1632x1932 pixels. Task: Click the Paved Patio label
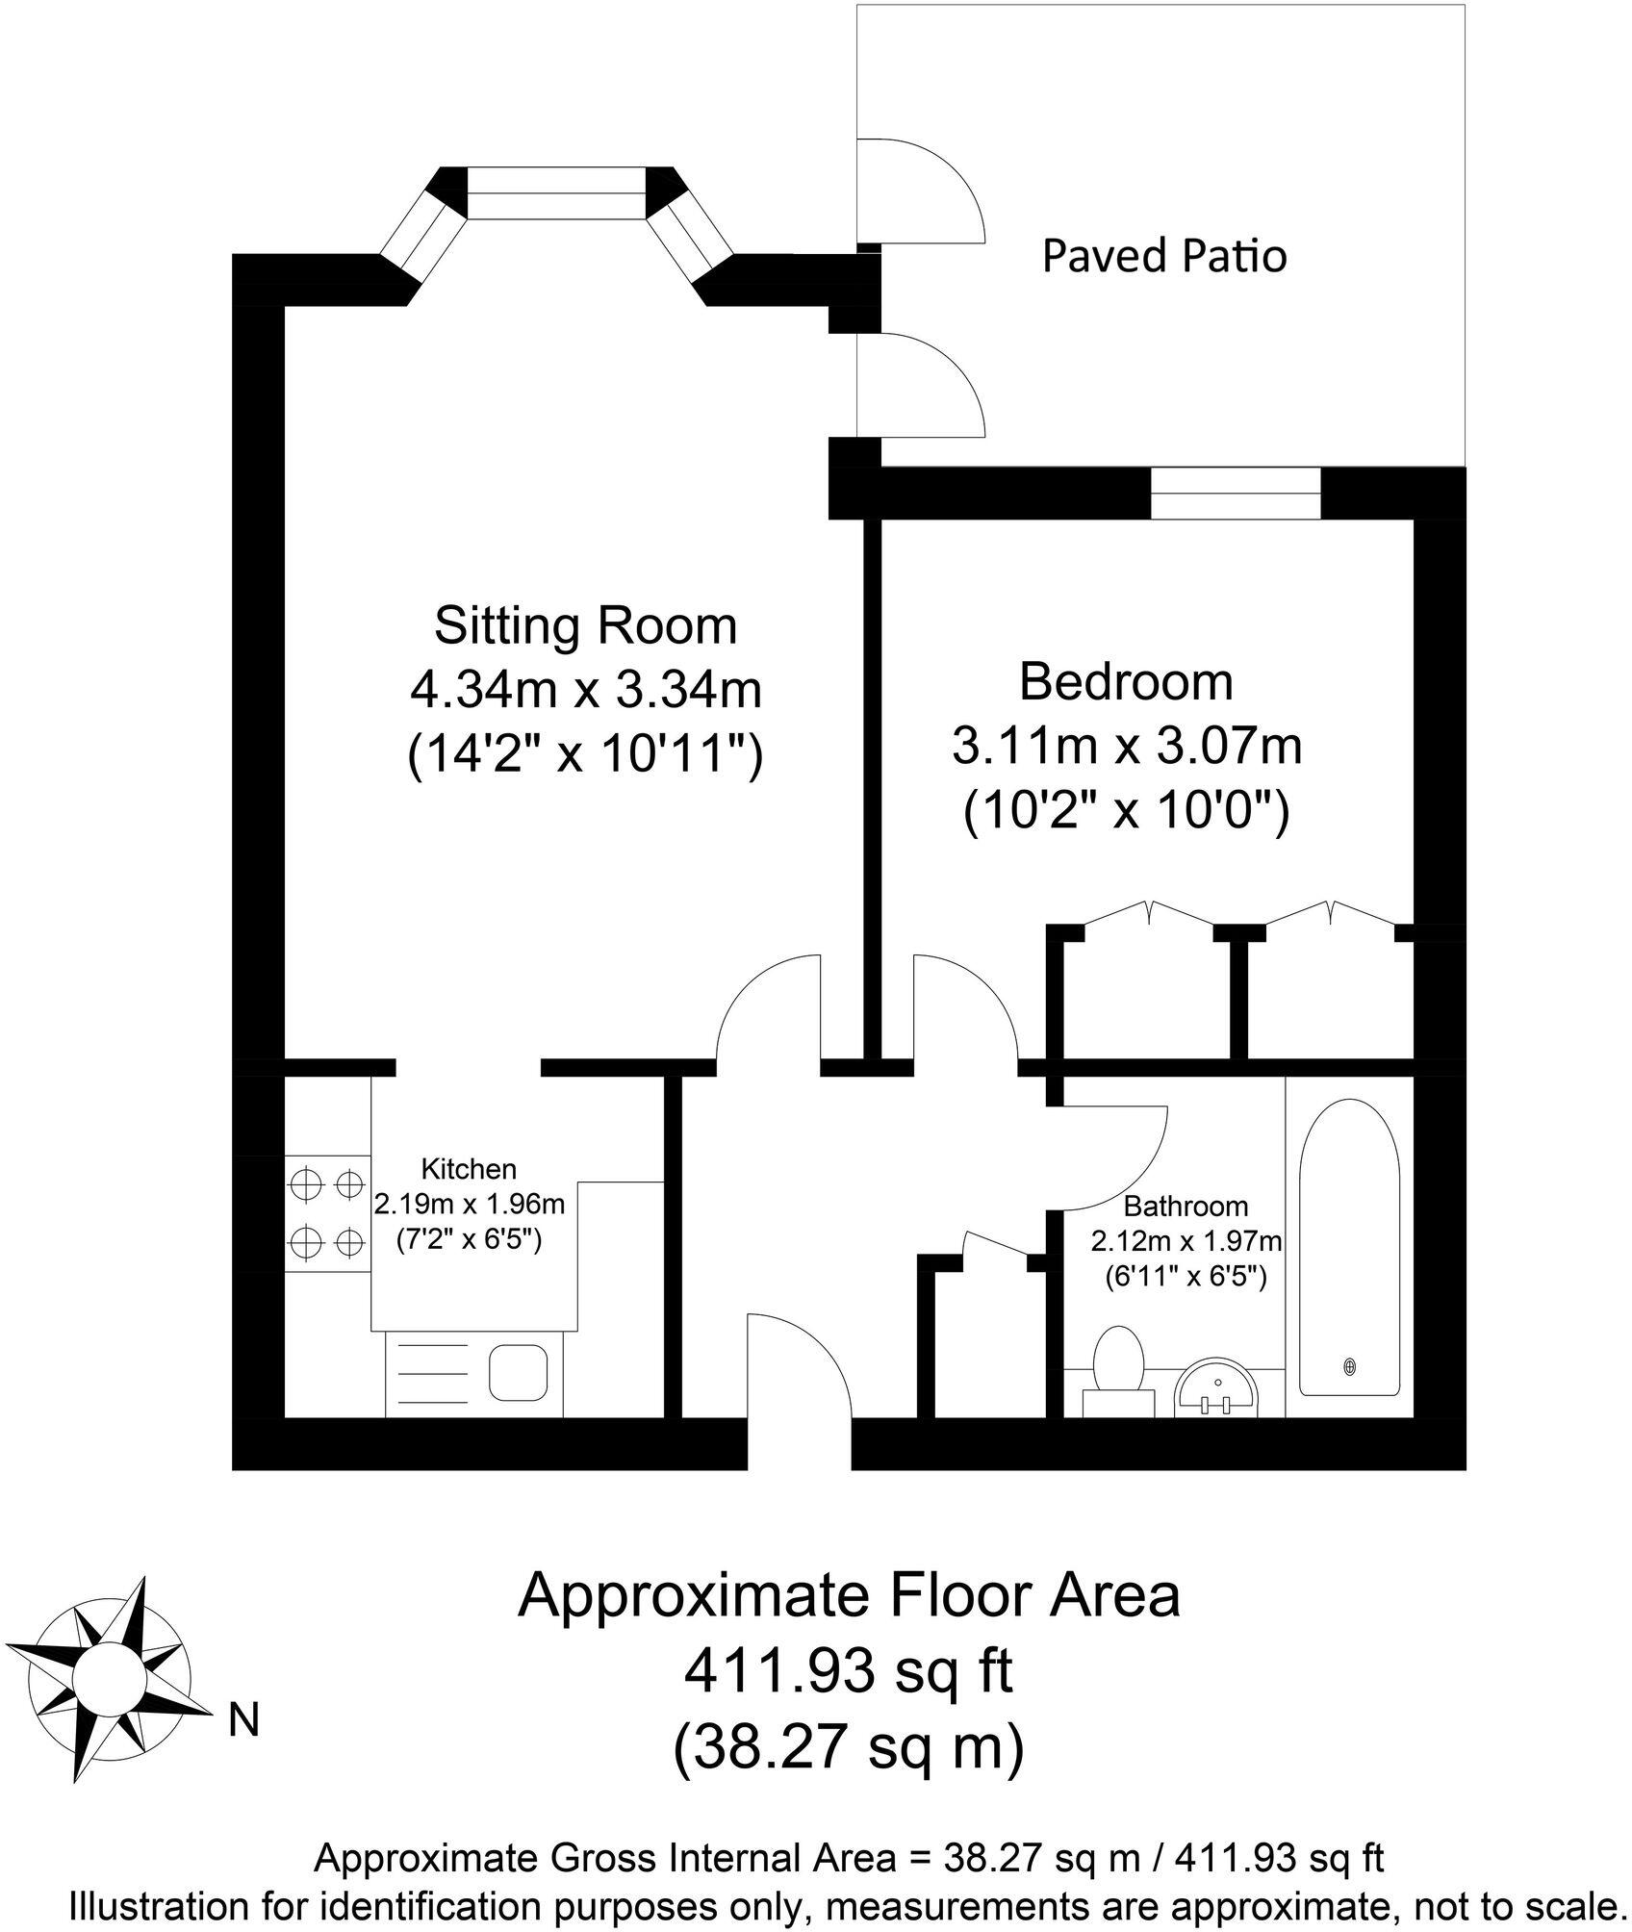click(x=1163, y=257)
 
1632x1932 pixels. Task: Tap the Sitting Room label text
click(x=585, y=625)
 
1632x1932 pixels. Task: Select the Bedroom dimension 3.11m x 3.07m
click(x=1126, y=746)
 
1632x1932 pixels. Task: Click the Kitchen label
click(x=469, y=1169)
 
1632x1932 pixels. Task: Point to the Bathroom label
click(x=1186, y=1206)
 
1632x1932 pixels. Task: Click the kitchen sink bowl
click(x=518, y=1373)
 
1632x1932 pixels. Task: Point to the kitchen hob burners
click(x=327, y=1213)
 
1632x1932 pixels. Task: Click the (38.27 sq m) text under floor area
click(x=848, y=1748)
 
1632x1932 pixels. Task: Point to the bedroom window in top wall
click(x=1236, y=493)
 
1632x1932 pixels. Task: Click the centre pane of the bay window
click(x=555, y=192)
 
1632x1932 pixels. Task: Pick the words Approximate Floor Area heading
click(x=848, y=1596)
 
